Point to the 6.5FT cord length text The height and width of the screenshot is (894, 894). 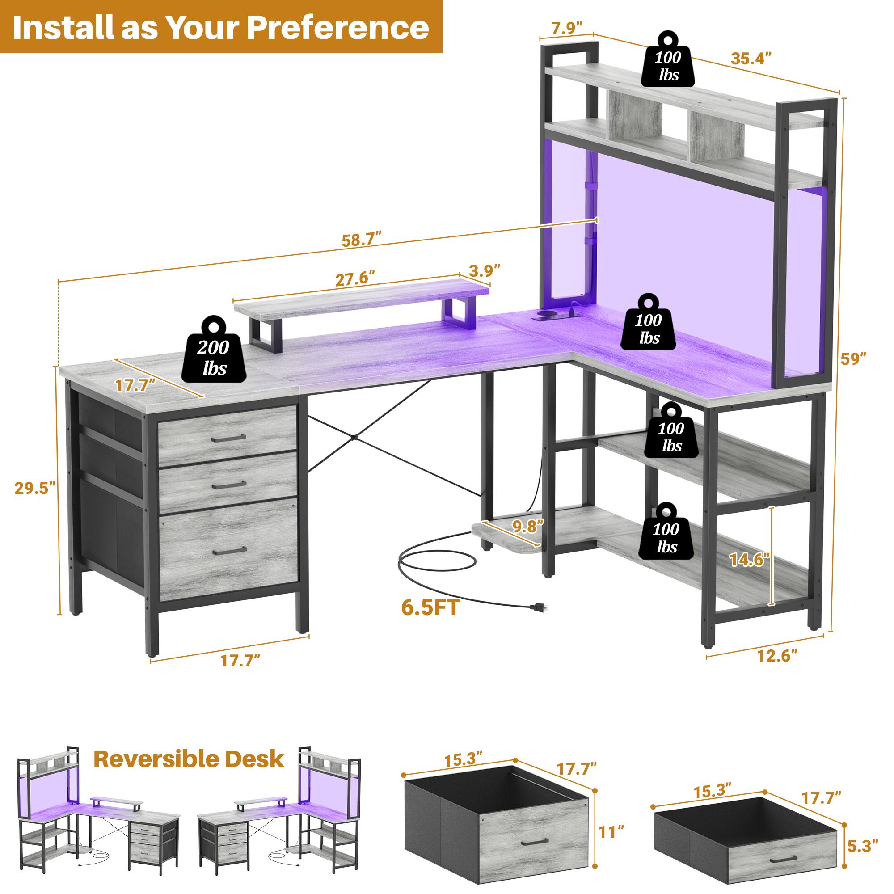(x=430, y=607)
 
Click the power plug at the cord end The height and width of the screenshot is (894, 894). (x=539, y=607)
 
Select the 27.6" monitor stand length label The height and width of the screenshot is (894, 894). (x=354, y=278)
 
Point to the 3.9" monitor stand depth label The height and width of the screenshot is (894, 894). (x=485, y=270)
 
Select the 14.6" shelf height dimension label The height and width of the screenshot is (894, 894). (x=749, y=560)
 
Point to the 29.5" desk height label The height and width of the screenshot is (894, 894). (x=35, y=488)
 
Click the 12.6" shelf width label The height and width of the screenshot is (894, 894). (x=777, y=656)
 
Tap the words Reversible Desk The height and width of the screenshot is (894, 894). (x=188, y=759)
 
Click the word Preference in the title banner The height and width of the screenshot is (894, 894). (x=338, y=28)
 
